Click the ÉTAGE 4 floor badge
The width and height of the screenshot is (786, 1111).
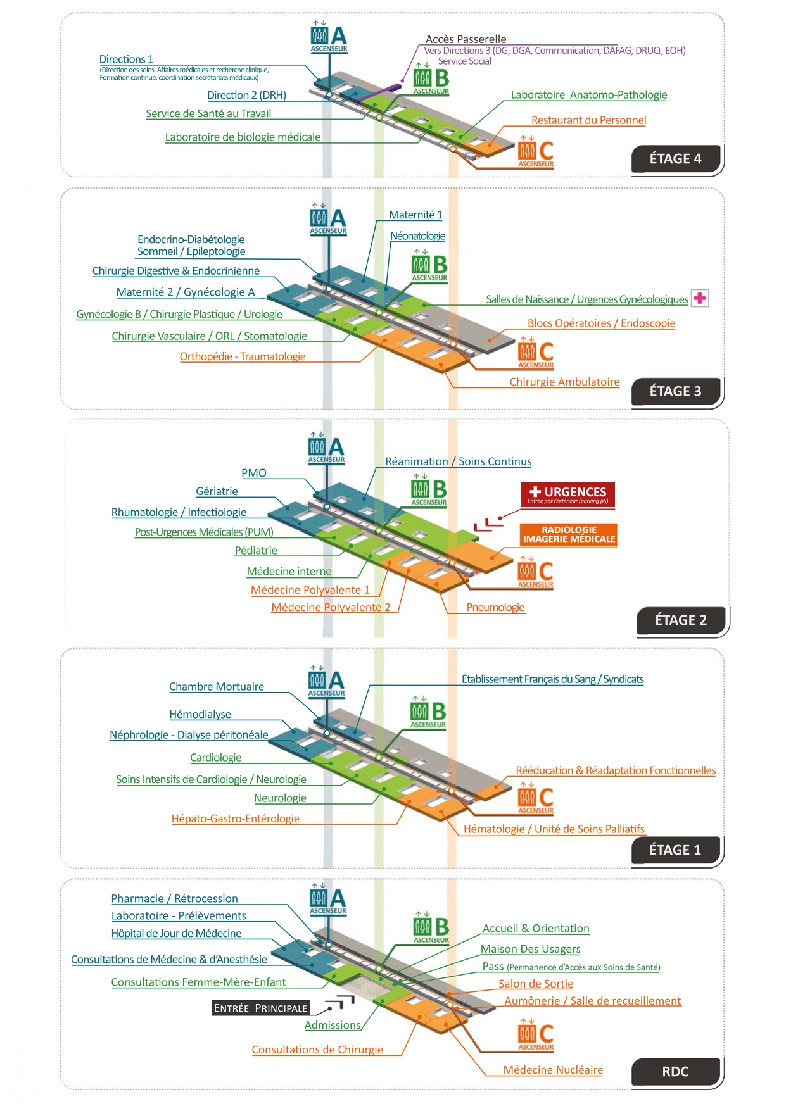[675, 159]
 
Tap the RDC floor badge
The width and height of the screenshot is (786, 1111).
[675, 1072]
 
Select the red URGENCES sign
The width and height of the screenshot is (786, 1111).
[567, 494]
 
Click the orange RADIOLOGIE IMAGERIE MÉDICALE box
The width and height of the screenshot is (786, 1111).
[568, 535]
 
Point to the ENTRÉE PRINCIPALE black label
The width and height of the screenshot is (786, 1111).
[260, 1008]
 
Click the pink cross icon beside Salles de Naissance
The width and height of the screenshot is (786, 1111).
[700, 298]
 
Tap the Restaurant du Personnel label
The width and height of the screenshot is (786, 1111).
[588, 120]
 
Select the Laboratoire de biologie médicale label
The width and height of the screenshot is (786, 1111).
[243, 137]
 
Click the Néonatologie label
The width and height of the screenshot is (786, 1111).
[417, 236]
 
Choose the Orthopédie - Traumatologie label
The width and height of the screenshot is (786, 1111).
[243, 356]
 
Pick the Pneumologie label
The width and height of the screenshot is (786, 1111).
[495, 608]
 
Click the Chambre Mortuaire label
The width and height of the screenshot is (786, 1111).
[216, 687]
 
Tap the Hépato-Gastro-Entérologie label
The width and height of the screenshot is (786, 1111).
[235, 819]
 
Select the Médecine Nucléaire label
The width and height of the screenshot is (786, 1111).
[553, 1070]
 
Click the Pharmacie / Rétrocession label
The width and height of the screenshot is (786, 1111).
[174, 899]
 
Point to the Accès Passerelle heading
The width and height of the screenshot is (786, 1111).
[466, 39]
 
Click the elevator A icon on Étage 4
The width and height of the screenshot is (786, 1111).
[329, 39]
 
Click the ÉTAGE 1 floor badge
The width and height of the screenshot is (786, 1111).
[675, 850]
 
